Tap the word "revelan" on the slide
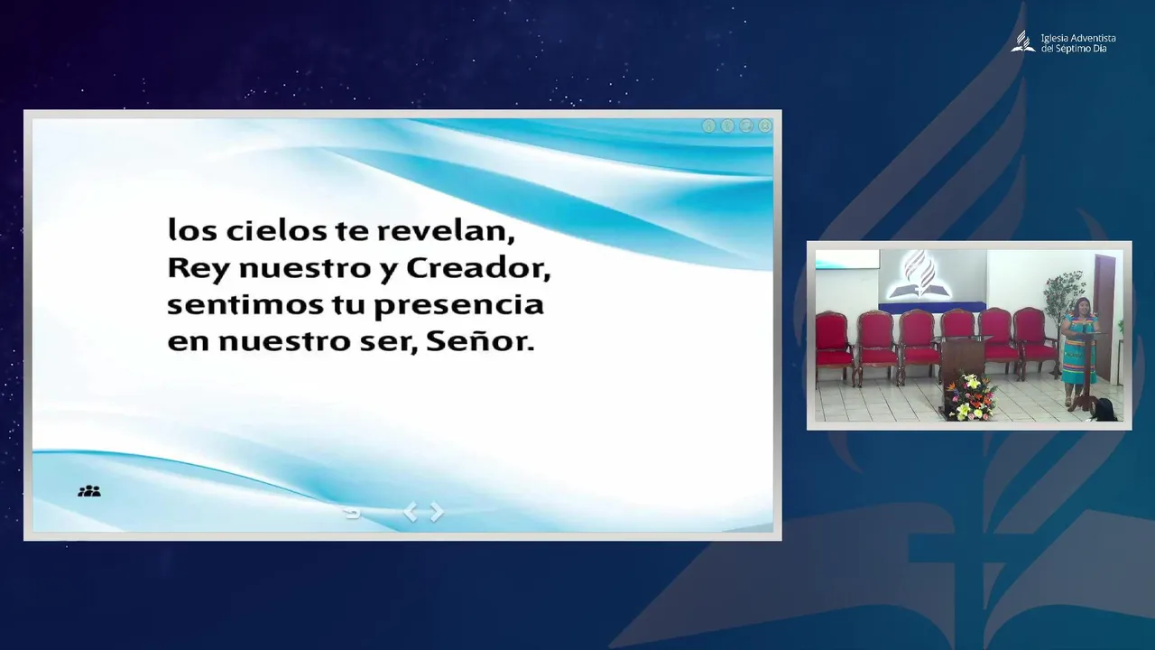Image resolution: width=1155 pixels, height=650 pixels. click(x=447, y=232)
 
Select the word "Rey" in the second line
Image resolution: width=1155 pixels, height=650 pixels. click(x=198, y=269)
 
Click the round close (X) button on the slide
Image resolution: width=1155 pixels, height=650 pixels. click(x=765, y=125)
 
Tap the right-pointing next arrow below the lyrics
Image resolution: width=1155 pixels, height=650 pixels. click(x=437, y=512)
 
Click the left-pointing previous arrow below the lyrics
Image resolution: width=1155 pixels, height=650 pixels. click(x=411, y=512)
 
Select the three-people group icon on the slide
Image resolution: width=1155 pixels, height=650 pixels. click(x=89, y=491)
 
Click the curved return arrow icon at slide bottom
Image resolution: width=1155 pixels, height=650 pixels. click(x=353, y=514)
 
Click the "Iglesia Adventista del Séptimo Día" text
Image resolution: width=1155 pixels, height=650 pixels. click(x=1078, y=42)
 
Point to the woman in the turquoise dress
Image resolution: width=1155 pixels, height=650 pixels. click(x=1078, y=352)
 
